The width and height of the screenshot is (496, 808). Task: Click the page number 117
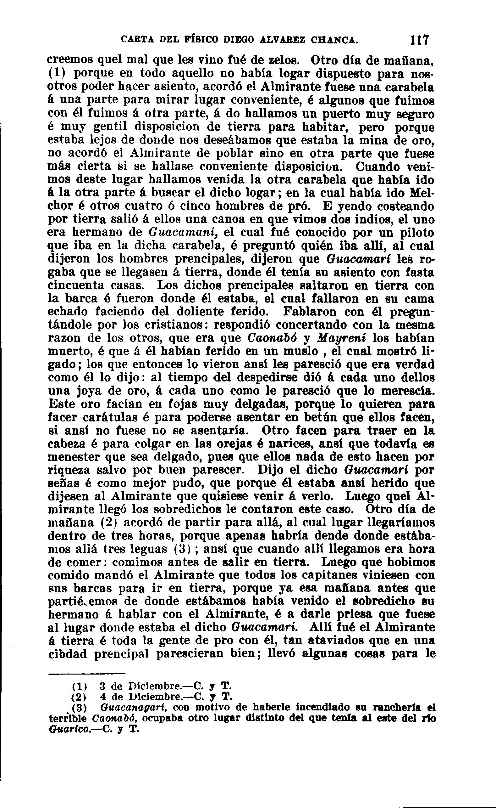point(419,40)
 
